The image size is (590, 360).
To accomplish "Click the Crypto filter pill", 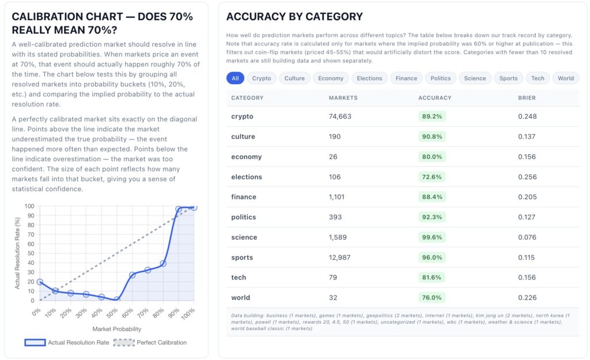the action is (x=262, y=78).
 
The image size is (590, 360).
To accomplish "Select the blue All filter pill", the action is (x=235, y=78).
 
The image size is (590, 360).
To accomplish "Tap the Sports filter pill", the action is (x=508, y=78).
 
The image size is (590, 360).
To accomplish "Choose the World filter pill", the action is (x=566, y=78).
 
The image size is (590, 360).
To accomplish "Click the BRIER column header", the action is (x=527, y=98).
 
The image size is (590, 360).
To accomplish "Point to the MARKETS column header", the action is (x=343, y=98).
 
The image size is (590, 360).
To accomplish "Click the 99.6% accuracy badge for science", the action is (x=432, y=237).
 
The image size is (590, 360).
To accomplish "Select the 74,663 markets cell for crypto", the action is (x=340, y=116).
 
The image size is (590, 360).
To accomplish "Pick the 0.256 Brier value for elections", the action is (x=528, y=177).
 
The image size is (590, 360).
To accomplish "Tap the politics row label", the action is (x=244, y=217).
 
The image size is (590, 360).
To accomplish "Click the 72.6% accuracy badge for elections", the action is (x=432, y=177).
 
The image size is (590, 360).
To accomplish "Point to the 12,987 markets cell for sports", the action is (x=339, y=257).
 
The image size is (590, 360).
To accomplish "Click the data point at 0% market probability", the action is (x=40, y=282).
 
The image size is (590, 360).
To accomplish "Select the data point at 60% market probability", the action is (x=132, y=275).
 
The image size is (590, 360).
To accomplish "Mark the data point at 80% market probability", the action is (x=163, y=264).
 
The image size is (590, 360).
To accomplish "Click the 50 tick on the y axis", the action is (x=31, y=253).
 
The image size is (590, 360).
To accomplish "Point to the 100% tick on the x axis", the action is (x=188, y=314).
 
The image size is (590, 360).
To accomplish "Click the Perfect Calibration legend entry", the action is (x=150, y=342).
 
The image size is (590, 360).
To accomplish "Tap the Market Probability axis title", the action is (x=116, y=329).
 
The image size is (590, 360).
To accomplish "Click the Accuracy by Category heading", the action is (x=294, y=17).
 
